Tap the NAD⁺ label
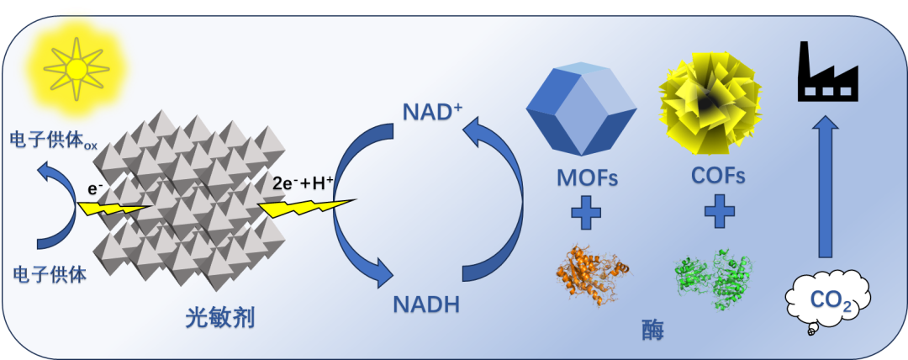[433, 112]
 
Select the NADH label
[426, 304]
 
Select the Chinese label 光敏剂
[221, 317]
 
